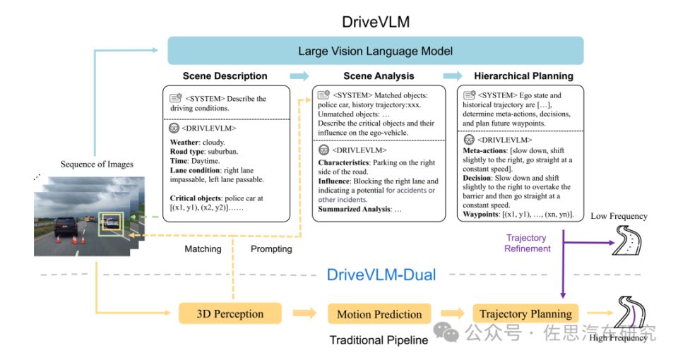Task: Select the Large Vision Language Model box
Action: (x=375, y=51)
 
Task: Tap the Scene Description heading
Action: (x=225, y=76)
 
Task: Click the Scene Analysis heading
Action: (x=379, y=76)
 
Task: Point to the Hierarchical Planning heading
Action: (x=523, y=76)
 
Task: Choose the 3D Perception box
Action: (x=230, y=314)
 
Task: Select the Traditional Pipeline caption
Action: (x=379, y=340)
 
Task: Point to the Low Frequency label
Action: (x=619, y=216)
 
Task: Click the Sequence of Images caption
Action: (x=96, y=164)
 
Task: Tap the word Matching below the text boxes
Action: (x=203, y=249)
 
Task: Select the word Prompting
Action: (x=271, y=249)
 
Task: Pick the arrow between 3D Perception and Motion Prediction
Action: (x=304, y=314)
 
